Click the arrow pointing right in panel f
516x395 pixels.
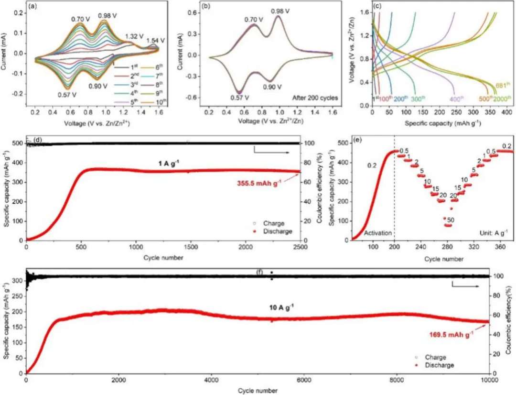coord(466,286)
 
